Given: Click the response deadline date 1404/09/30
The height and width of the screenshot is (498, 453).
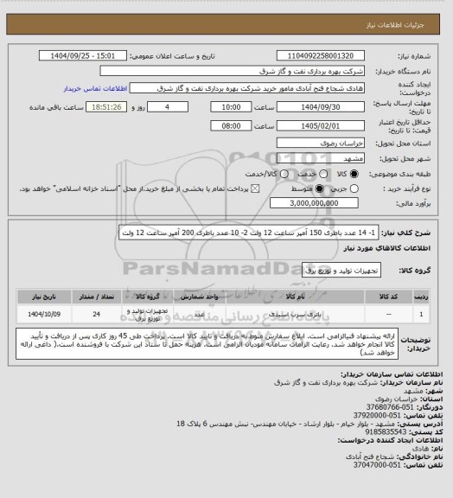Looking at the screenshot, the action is (x=313, y=106).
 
